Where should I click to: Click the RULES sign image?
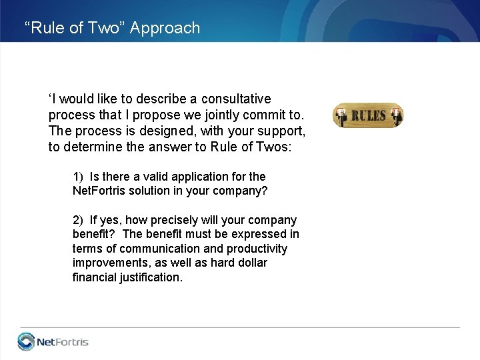[368, 115]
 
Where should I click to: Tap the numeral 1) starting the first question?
[78, 177]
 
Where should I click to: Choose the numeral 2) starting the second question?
[78, 220]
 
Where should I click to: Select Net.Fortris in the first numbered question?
[100, 191]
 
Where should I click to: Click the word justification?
[148, 277]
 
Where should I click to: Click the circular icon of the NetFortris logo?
[26, 342]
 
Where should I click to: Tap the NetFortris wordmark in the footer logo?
[63, 343]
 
